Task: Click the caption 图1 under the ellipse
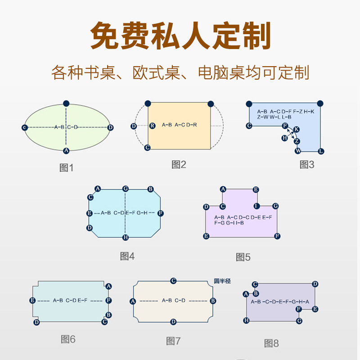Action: point(66,168)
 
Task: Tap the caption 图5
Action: point(243,257)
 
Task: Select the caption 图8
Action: point(271,343)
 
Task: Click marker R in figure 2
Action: point(152,126)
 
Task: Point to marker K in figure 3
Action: point(296,130)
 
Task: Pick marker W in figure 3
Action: point(298,150)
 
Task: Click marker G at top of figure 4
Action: point(126,189)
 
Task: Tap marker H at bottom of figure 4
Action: point(126,237)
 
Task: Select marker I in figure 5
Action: point(256,206)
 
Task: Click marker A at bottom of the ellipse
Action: point(66,150)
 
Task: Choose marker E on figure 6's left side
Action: point(32,300)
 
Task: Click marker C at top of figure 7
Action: point(173,281)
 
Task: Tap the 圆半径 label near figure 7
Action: point(222,281)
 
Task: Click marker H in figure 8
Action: point(246,320)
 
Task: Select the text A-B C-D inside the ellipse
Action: point(66,127)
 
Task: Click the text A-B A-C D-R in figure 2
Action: point(179,125)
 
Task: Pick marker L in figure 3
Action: point(321,151)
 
